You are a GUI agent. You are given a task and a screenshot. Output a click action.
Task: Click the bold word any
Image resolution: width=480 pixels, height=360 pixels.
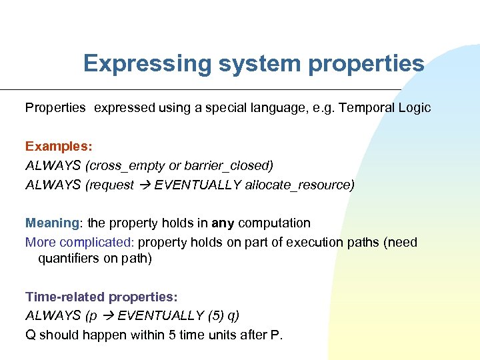pos(223,223)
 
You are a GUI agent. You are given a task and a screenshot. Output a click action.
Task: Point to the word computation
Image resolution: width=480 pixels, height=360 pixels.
pos(274,223)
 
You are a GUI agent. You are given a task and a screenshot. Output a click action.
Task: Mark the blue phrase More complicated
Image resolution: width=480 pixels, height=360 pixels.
pos(80,242)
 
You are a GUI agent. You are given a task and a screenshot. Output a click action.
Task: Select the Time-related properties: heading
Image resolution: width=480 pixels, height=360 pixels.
pos(101,297)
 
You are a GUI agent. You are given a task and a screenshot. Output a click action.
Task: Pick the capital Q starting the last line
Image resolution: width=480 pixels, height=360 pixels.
pos(31,335)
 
